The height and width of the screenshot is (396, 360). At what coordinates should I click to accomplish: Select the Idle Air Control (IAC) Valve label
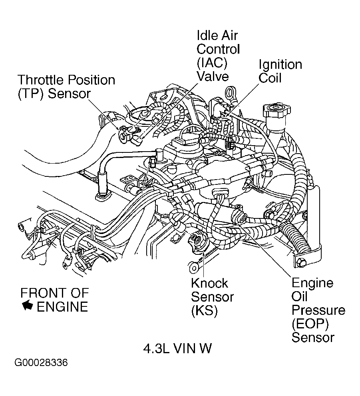[x=218, y=56]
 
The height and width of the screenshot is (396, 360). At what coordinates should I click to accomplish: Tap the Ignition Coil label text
[x=280, y=71]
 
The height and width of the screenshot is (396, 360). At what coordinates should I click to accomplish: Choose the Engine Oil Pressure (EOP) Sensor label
[x=318, y=310]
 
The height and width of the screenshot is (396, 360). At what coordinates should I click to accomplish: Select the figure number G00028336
[x=41, y=363]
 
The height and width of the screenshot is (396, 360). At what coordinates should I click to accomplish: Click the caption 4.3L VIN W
[x=177, y=348]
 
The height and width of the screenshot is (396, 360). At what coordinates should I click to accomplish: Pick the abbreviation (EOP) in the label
[x=312, y=324]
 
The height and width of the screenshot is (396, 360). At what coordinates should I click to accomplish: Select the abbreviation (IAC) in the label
[x=212, y=62]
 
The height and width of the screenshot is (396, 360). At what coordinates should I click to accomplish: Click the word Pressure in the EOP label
[x=318, y=310]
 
